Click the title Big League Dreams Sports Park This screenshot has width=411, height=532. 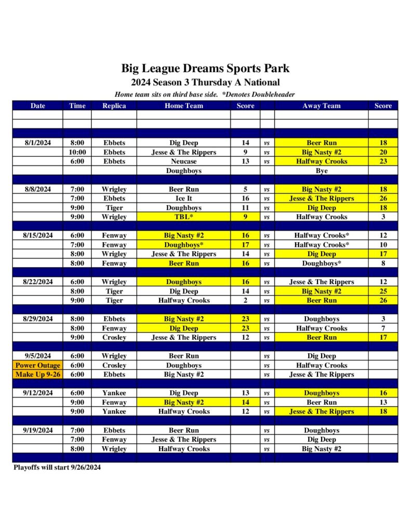tap(205, 68)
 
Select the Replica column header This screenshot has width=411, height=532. tap(114, 105)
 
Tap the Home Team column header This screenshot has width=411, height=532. tap(183, 105)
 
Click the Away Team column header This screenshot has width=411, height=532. tap(321, 105)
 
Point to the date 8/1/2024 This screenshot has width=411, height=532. tap(37, 143)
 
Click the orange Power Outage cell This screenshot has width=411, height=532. tap(37, 365)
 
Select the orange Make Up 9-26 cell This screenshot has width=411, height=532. tap(37, 375)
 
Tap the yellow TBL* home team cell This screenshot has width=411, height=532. tap(183, 217)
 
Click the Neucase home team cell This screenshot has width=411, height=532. tap(183, 162)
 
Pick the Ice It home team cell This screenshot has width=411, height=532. tap(183, 198)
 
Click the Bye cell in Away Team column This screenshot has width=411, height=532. tap(321, 170)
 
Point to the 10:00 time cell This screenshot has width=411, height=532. tap(77, 152)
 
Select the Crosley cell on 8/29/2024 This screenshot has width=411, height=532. tap(114, 337)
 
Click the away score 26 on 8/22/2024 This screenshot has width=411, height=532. tap(383, 300)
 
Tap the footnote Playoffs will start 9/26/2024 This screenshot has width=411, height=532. tap(57, 468)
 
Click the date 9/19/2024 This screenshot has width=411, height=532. tap(37, 430)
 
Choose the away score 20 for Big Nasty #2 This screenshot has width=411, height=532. tap(383, 152)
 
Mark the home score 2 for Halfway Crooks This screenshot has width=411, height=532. tap(245, 300)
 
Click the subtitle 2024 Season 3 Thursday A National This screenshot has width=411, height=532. tap(205, 83)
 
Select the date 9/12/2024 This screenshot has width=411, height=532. tap(37, 393)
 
